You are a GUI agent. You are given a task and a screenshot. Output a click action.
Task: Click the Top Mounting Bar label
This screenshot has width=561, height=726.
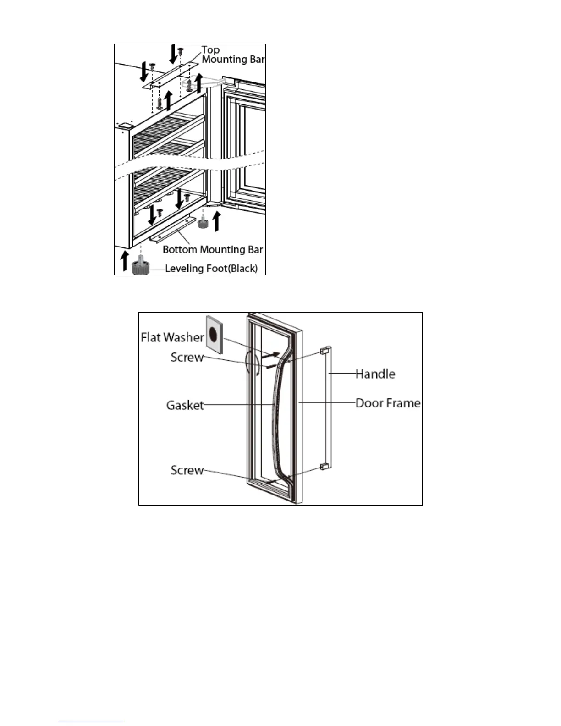pyautogui.click(x=233, y=55)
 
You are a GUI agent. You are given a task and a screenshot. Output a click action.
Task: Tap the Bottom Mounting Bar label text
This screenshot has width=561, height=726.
pyautogui.click(x=213, y=250)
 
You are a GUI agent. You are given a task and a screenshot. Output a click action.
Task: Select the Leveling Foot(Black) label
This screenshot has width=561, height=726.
pyautogui.click(x=211, y=269)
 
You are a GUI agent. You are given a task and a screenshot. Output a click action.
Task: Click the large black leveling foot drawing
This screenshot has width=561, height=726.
pyautogui.click(x=140, y=266)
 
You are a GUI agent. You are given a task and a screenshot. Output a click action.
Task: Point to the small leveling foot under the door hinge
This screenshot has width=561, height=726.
pyautogui.click(x=203, y=224)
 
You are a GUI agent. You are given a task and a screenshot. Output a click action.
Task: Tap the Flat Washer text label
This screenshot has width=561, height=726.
pyautogui.click(x=172, y=337)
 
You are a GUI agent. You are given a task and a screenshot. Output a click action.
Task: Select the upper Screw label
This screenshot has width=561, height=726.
pyautogui.click(x=187, y=357)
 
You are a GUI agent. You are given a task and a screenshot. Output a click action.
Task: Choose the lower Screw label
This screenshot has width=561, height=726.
pyautogui.click(x=187, y=470)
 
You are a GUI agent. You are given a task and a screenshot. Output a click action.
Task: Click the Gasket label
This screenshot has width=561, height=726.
pyautogui.click(x=185, y=405)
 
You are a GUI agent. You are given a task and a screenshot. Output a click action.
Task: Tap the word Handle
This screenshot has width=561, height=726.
pyautogui.click(x=375, y=374)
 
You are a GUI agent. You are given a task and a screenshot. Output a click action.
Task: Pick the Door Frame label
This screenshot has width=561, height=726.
pyautogui.click(x=388, y=403)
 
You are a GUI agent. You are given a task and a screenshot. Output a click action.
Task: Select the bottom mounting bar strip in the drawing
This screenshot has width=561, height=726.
pyautogui.click(x=174, y=229)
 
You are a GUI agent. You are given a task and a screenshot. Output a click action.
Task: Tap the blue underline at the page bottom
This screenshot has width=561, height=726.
pyautogui.click(x=91, y=722)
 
